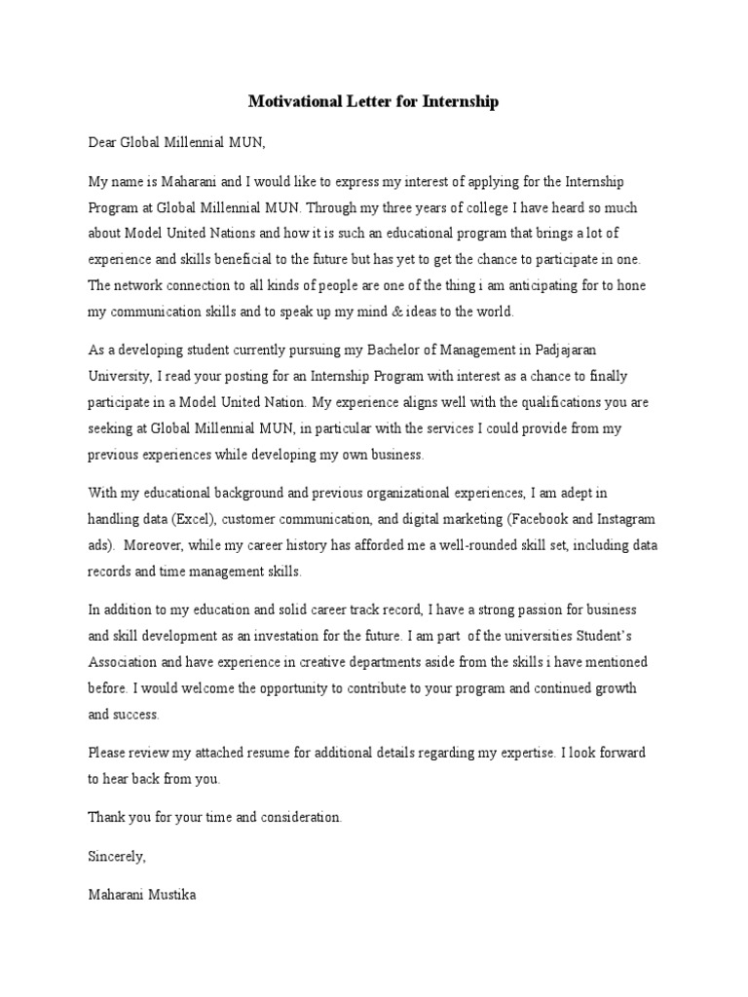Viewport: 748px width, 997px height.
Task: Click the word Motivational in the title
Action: point(293,101)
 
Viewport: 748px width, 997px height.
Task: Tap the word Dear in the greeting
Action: point(103,142)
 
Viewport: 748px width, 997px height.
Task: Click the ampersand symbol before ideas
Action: point(366,312)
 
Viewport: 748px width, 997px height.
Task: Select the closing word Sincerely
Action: point(117,856)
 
